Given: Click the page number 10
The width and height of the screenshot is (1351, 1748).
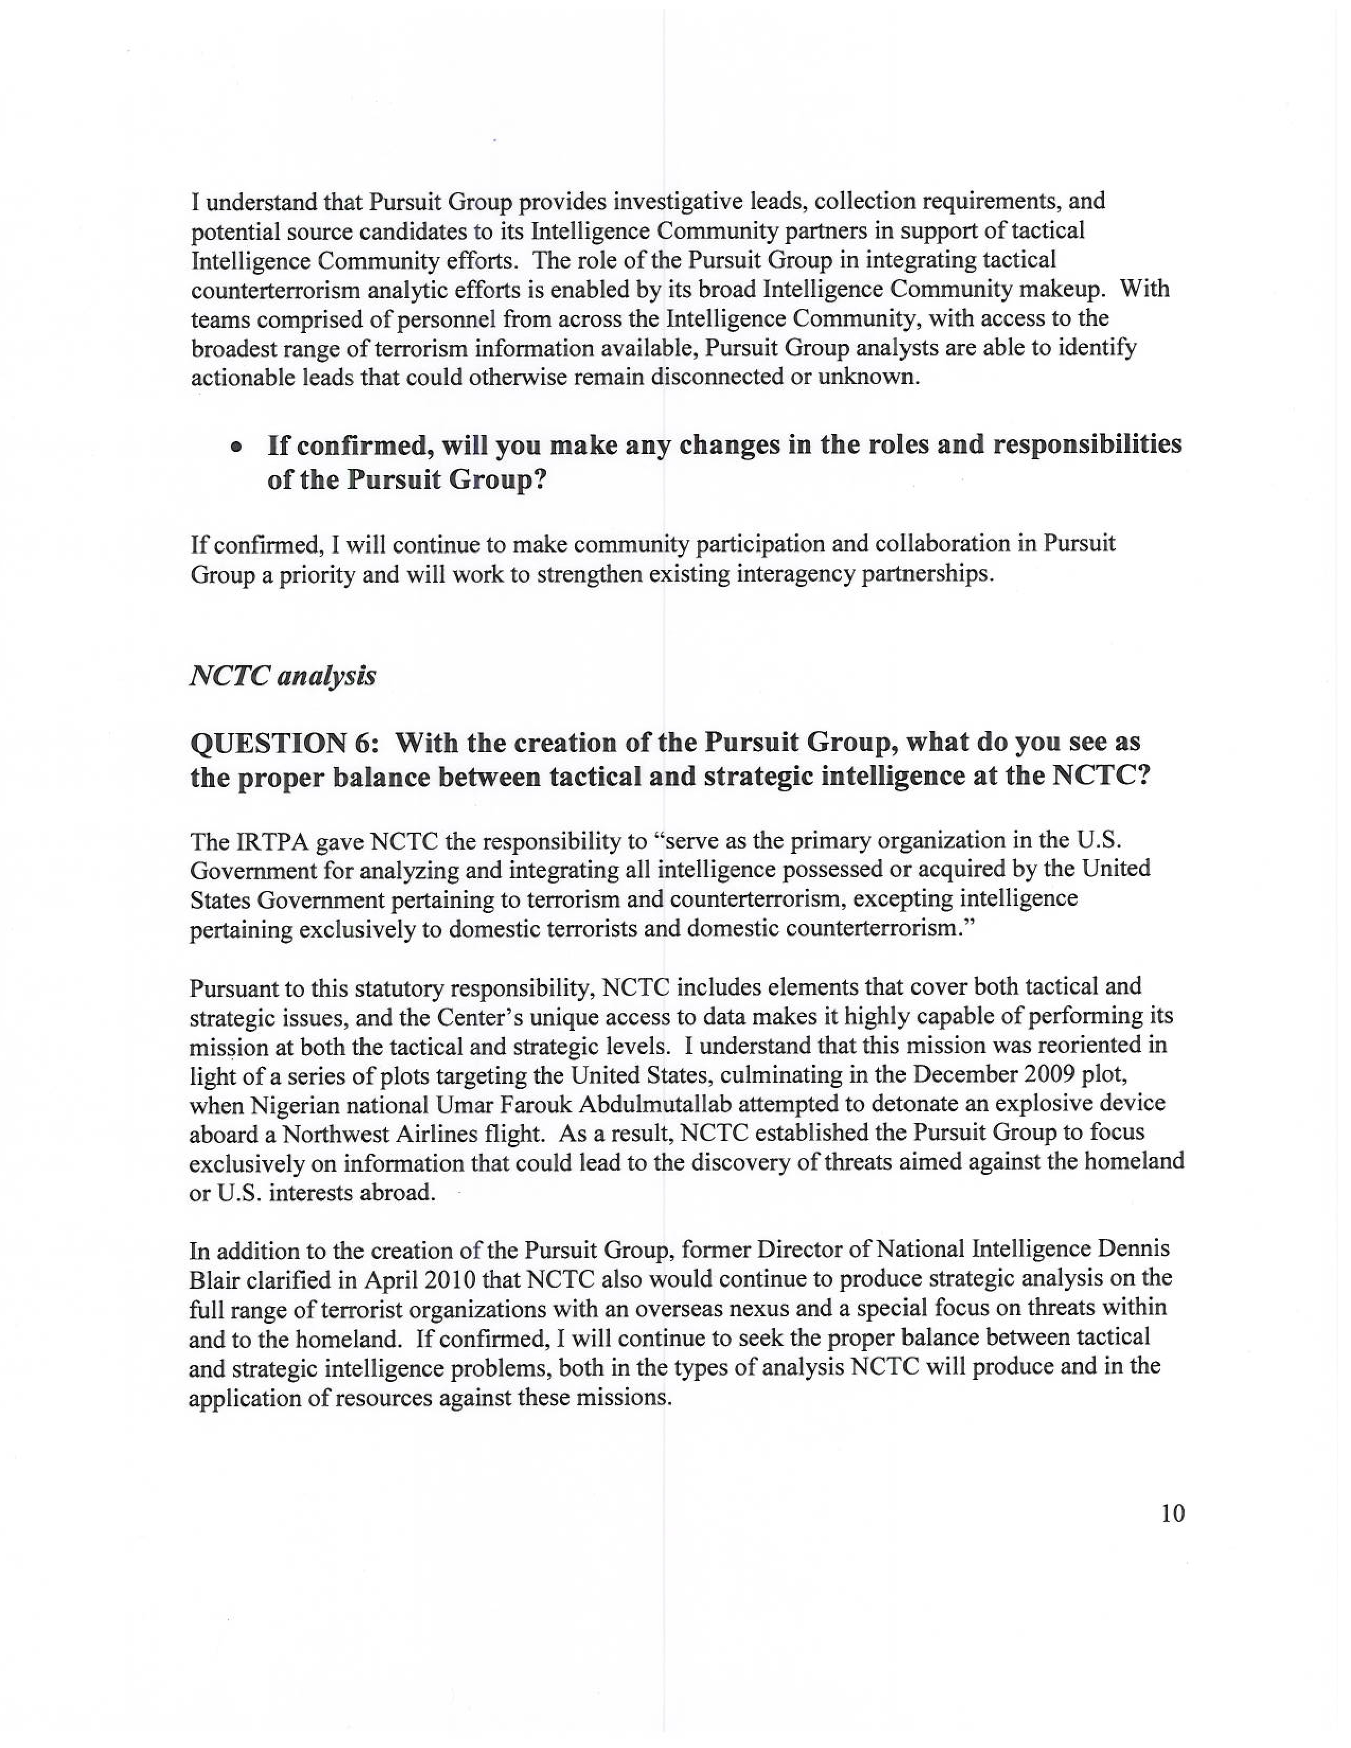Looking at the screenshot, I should click(x=1172, y=1513).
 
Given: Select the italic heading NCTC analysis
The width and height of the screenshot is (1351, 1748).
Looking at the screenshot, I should click(x=282, y=676).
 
